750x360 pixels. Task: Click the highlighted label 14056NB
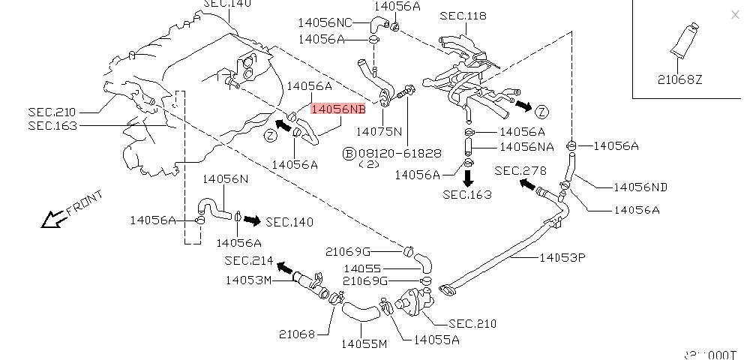pos(339,109)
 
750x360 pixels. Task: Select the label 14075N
pos(379,131)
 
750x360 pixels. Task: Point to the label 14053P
pos(562,258)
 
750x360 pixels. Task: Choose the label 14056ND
pos(640,187)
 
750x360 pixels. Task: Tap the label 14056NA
pos(527,146)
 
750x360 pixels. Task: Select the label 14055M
pos(364,344)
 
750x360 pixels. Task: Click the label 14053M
pos(248,280)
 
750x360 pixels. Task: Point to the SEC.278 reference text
pos(520,170)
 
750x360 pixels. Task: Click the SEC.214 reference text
pos(250,260)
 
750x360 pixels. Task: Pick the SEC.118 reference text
pos(463,15)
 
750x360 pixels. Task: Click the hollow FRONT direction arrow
pos(52,219)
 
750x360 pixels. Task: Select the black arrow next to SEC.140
pos(252,220)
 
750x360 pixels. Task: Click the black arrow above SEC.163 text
pos(467,177)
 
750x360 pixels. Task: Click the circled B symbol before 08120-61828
pos(349,153)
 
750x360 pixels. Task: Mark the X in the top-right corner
pos(734,14)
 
